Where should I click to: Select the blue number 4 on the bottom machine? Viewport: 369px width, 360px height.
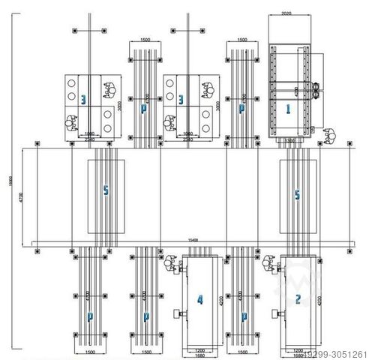click(x=199, y=300)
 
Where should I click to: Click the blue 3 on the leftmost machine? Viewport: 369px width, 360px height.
click(x=83, y=98)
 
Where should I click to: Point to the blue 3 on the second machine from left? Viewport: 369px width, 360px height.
click(x=181, y=98)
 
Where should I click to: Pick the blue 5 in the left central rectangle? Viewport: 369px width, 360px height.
click(x=106, y=192)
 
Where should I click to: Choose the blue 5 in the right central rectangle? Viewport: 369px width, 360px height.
click(x=297, y=195)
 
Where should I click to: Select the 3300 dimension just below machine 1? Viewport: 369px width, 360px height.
click(x=289, y=139)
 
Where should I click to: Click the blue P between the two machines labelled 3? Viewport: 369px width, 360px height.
click(x=143, y=109)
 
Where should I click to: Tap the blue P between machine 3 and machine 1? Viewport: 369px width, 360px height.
click(x=241, y=109)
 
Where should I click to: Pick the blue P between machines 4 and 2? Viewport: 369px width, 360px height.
click(x=241, y=316)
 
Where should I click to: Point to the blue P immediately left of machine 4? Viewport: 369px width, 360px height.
click(x=143, y=316)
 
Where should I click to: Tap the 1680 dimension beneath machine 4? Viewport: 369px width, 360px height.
click(x=199, y=355)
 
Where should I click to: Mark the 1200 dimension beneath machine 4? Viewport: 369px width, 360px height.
click(x=199, y=349)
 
